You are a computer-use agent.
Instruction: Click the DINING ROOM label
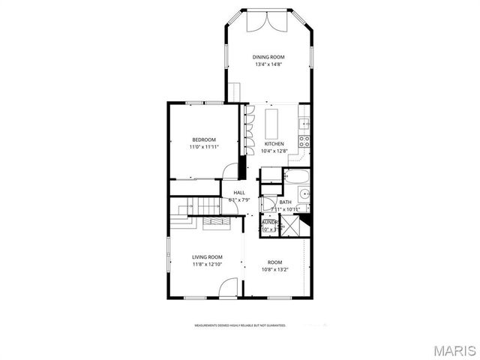click(267, 57)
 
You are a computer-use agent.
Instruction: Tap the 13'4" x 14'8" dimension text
click(267, 64)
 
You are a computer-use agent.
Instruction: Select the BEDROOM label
click(204, 139)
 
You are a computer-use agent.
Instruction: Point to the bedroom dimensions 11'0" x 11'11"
click(204, 147)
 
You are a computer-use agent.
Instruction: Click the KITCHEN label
click(274, 144)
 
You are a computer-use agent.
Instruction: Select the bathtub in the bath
click(297, 178)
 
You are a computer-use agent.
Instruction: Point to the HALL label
click(238, 193)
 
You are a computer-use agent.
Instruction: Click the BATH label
click(286, 202)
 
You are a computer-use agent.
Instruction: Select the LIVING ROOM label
click(207, 256)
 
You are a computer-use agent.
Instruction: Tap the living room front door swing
click(230, 289)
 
